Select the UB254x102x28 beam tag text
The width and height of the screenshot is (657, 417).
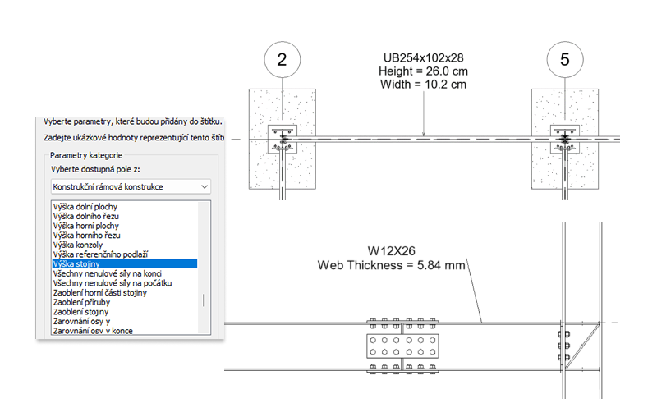coord(423,57)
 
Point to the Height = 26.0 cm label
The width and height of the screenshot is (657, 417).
coord(423,71)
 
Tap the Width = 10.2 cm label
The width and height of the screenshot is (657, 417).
coord(423,85)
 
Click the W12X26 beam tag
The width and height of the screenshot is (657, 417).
coord(392,251)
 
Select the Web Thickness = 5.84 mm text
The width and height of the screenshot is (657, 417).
coord(392,265)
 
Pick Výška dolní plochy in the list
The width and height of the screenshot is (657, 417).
coord(85,206)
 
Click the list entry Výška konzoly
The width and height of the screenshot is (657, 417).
coord(78,245)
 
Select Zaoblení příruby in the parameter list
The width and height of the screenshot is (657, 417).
coord(81,302)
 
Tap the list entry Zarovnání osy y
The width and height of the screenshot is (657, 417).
coord(81,322)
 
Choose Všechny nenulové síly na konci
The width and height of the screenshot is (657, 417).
coord(108,273)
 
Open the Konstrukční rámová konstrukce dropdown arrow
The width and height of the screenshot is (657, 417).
coord(204,186)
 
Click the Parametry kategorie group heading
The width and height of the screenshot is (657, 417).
coord(86,155)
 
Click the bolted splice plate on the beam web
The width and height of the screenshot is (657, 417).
coord(402,346)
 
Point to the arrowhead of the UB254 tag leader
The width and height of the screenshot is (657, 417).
coord(424,135)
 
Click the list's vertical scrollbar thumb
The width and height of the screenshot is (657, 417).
coord(204,300)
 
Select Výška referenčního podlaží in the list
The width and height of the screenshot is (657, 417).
coord(100,254)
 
